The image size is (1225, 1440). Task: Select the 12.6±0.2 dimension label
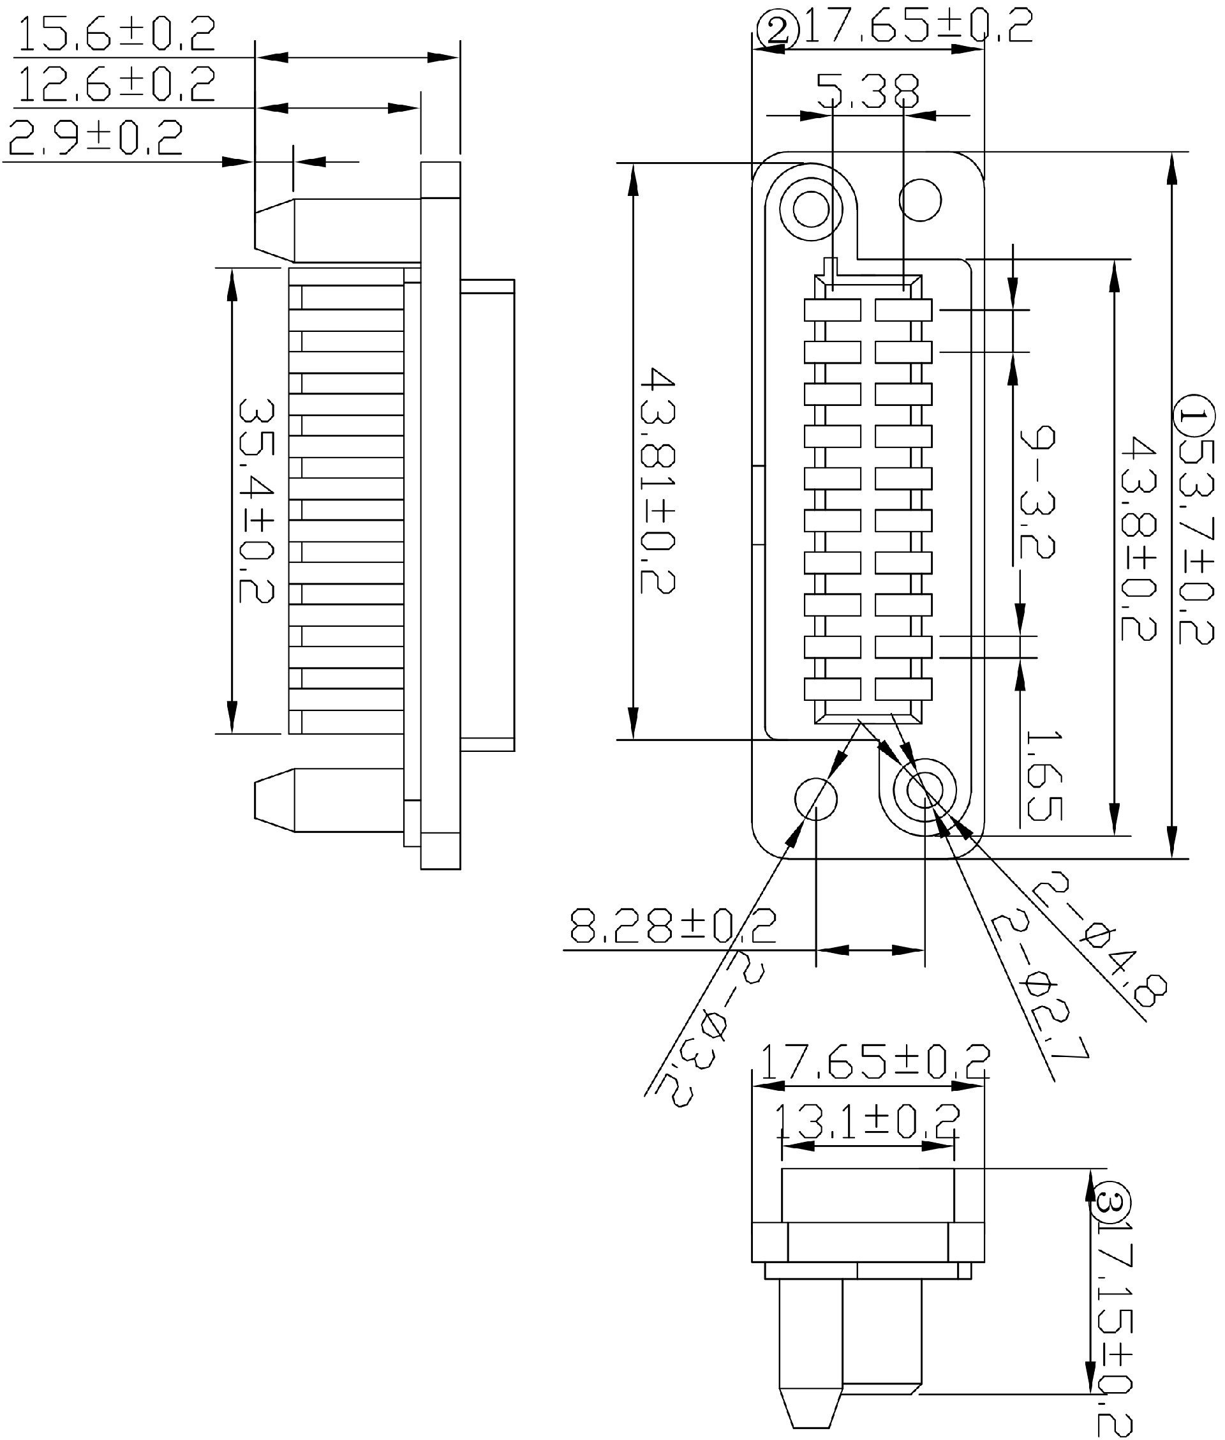pyautogui.click(x=115, y=85)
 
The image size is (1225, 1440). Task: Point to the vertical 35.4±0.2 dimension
pyautogui.click(x=256, y=500)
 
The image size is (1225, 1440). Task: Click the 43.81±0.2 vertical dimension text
pyautogui.click(x=657, y=480)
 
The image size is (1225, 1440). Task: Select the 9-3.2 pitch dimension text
pyautogui.click(x=1037, y=493)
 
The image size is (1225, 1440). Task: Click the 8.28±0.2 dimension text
pyautogui.click(x=672, y=926)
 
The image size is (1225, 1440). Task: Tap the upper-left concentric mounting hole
pyautogui.click(x=810, y=208)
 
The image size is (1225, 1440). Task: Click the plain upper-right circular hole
pyautogui.click(x=920, y=200)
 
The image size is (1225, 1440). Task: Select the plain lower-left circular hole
pyautogui.click(x=815, y=799)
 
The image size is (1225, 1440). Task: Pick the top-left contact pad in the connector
pyautogui.click(x=832, y=310)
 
